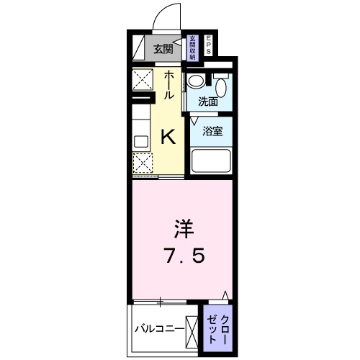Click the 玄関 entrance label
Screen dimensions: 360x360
click(163, 49)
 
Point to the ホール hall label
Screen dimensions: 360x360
click(168, 85)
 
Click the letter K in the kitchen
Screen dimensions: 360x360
click(168, 135)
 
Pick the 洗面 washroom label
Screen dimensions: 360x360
click(208, 102)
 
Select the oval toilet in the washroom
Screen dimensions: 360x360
click(222, 88)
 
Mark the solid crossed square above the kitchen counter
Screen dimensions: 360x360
click(141, 78)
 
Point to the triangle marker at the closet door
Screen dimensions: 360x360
click(225, 295)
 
